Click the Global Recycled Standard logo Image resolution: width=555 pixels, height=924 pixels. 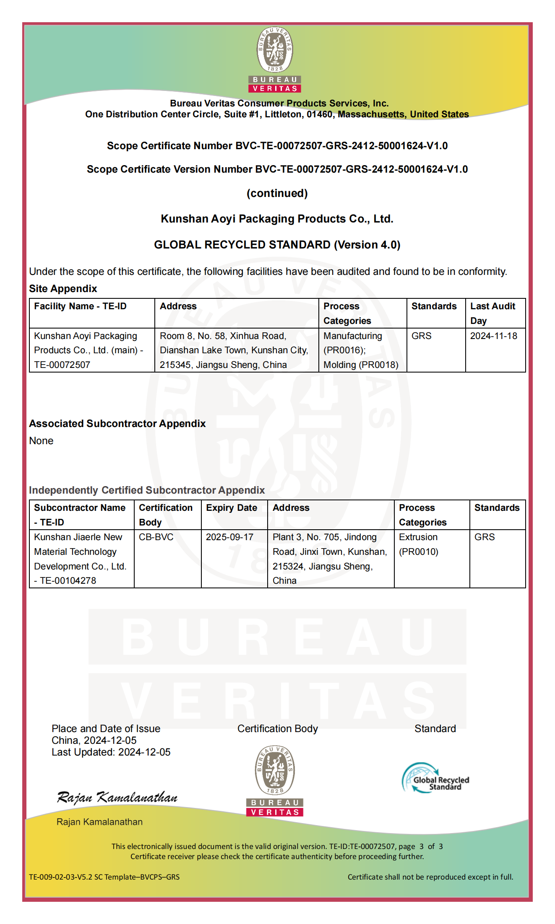[435, 778]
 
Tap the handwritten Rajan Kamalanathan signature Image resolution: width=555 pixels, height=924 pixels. [117, 797]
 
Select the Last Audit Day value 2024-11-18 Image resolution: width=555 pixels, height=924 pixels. [493, 336]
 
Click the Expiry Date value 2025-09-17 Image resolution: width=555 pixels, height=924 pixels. [229, 537]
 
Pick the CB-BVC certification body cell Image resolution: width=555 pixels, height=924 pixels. [156, 537]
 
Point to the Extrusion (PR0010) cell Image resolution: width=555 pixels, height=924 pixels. [419, 544]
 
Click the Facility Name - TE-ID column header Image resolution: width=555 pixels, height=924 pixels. [80, 306]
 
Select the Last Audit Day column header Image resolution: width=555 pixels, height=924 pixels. [492, 313]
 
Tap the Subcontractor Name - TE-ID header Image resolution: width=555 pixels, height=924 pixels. [80, 515]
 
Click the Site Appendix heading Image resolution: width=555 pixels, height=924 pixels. [63, 289]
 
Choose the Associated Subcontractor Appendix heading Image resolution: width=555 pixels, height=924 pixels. [117, 424]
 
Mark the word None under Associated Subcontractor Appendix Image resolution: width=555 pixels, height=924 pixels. [41, 441]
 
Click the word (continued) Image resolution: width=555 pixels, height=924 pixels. [277, 193]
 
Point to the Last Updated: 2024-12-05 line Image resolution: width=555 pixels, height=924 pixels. [111, 752]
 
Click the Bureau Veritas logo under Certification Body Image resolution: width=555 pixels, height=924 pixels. [275, 781]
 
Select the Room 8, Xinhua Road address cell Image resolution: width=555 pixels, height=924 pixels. [234, 350]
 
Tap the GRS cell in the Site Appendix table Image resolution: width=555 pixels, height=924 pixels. [421, 336]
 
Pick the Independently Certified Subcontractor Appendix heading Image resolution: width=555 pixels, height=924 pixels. [147, 490]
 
